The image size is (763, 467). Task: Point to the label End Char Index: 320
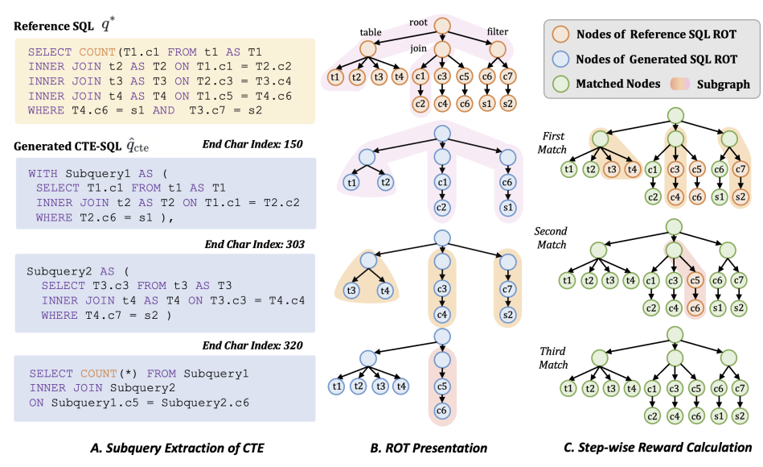pyautogui.click(x=253, y=345)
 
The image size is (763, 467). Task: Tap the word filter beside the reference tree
pyautogui.click(x=499, y=33)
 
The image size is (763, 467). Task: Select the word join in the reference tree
pyautogui.click(x=419, y=48)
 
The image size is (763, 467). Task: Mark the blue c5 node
pyautogui.click(x=441, y=386)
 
